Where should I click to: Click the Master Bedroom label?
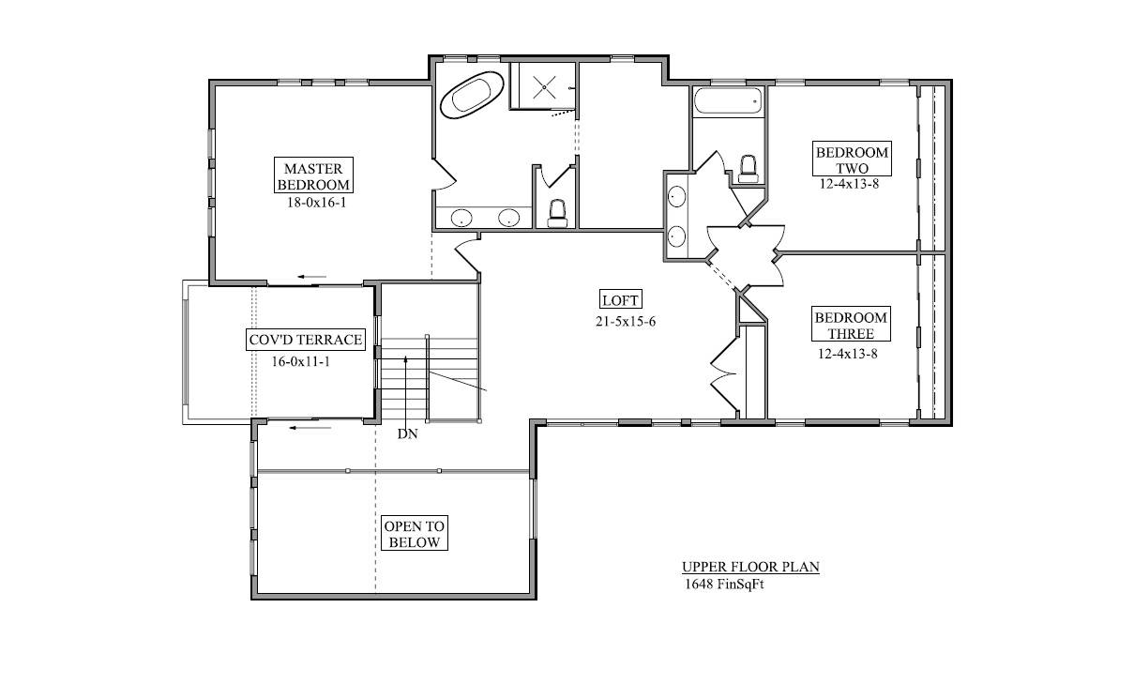coord(313,175)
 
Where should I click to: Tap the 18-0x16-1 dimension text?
coord(317,203)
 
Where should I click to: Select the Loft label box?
coord(621,299)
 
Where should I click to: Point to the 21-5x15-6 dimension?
coord(626,322)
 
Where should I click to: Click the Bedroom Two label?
coord(852,159)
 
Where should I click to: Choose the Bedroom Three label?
coord(851,324)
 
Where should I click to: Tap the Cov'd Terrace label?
coord(306,340)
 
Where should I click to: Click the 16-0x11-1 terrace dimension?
coord(301,361)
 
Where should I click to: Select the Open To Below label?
coord(415,534)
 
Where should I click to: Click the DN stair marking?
coord(407,433)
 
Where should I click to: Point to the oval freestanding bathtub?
coord(472,95)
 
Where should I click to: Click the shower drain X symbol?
coord(544,87)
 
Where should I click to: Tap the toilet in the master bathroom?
coord(557,214)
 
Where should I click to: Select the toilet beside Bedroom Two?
coord(748,169)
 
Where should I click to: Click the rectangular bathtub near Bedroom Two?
coord(728,100)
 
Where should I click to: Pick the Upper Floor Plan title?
coord(750,567)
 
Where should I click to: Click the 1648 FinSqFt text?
coord(724,585)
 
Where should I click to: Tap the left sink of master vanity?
coord(461,219)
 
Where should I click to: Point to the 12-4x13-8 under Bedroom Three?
coord(848,354)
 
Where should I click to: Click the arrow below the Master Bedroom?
coord(311,277)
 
